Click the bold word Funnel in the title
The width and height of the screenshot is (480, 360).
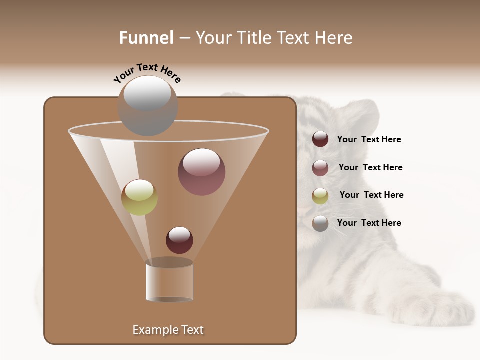click(146, 38)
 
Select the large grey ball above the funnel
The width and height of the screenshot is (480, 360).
click(148, 106)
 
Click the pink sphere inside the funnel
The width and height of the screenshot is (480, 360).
click(202, 172)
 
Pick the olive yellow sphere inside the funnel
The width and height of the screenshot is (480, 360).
click(139, 197)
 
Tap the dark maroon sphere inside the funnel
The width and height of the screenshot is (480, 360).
click(179, 240)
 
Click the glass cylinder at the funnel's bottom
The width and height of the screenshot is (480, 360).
click(169, 281)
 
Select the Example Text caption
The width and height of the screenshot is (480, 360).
click(168, 330)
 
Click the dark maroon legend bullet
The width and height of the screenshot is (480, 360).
click(320, 139)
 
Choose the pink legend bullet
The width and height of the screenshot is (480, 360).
click(320, 168)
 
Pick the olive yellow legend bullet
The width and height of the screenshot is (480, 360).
click(320, 196)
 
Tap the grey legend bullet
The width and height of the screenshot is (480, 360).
click(320, 223)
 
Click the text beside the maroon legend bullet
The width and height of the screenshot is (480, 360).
click(369, 140)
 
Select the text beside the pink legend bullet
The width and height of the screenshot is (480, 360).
click(370, 168)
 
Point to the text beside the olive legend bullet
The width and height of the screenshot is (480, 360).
click(371, 195)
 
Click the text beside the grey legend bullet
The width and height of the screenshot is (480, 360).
click(369, 223)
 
